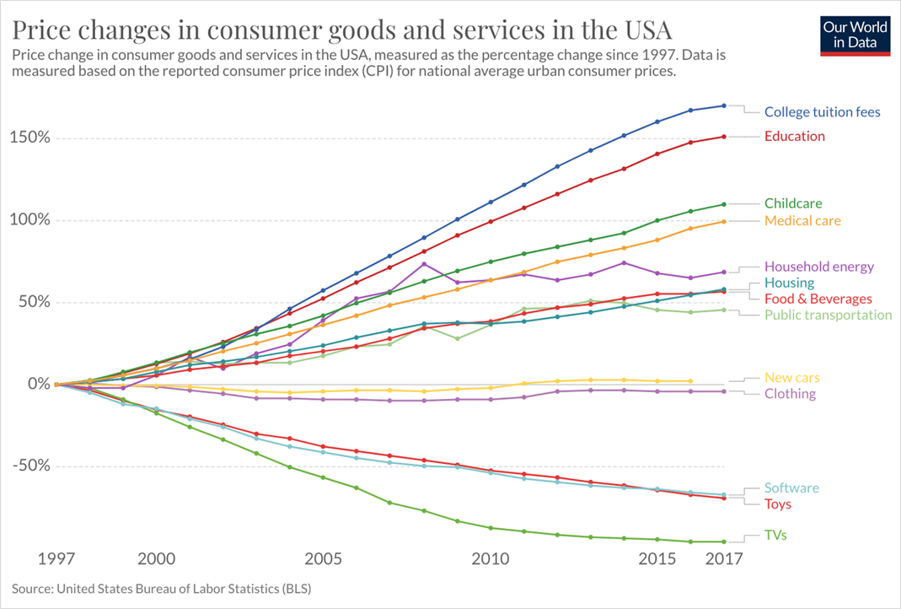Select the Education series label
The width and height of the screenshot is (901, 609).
795,136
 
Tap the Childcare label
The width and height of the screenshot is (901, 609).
793,203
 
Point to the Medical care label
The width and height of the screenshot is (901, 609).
802,221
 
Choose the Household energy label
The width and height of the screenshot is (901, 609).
819,267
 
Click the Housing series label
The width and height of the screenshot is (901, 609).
789,283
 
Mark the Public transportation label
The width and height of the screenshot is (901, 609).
828,315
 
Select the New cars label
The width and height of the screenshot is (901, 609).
792,378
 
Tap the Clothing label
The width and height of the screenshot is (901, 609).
790,394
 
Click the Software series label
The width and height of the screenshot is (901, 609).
791,488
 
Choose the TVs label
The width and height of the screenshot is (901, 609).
775,535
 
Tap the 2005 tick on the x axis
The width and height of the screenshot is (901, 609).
322,559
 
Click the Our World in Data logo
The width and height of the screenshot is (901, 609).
855,35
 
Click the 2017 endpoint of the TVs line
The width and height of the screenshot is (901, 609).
724,542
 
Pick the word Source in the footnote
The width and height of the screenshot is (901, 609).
31,587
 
